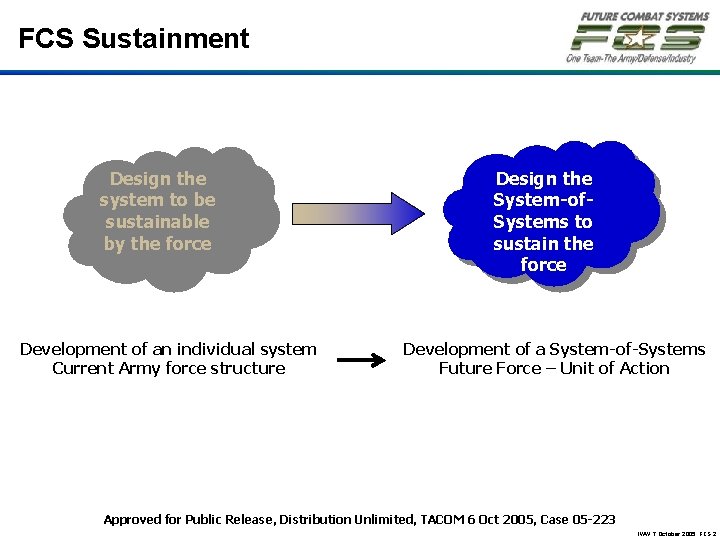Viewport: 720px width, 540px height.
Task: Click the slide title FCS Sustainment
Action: (134, 39)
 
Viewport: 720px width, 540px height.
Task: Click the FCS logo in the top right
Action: (637, 38)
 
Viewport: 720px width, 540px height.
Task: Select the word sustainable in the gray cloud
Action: (157, 222)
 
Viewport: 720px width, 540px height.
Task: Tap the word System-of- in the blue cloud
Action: (543, 200)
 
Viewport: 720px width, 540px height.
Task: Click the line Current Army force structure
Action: (168, 368)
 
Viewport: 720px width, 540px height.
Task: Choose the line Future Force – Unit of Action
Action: (554, 368)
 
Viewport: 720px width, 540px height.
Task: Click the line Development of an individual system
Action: (168, 349)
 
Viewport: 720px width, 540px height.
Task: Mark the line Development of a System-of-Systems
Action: (554, 349)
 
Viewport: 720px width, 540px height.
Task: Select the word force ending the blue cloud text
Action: (543, 265)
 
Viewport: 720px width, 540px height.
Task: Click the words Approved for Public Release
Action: (188, 519)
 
